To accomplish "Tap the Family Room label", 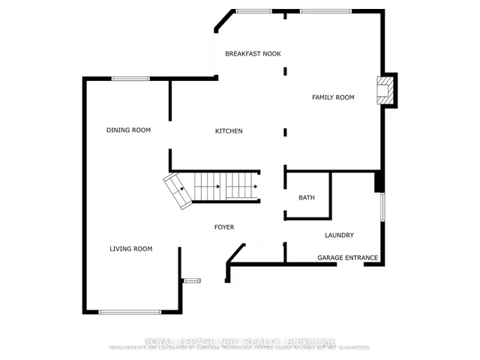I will [x=333, y=97].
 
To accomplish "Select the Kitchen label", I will [x=229, y=131].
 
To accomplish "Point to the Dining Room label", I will [x=128, y=130].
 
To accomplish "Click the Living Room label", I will [x=131, y=249].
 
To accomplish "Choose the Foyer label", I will [x=224, y=226].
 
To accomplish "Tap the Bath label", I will [x=306, y=198].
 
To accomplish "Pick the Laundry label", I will [x=339, y=235].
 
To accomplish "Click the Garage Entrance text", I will [x=347, y=258].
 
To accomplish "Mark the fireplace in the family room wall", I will [x=385, y=90].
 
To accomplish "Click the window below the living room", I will [x=129, y=311].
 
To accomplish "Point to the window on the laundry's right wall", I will [x=382, y=207].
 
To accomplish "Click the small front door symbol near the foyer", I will [x=192, y=280].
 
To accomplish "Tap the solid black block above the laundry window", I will [x=379, y=182].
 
